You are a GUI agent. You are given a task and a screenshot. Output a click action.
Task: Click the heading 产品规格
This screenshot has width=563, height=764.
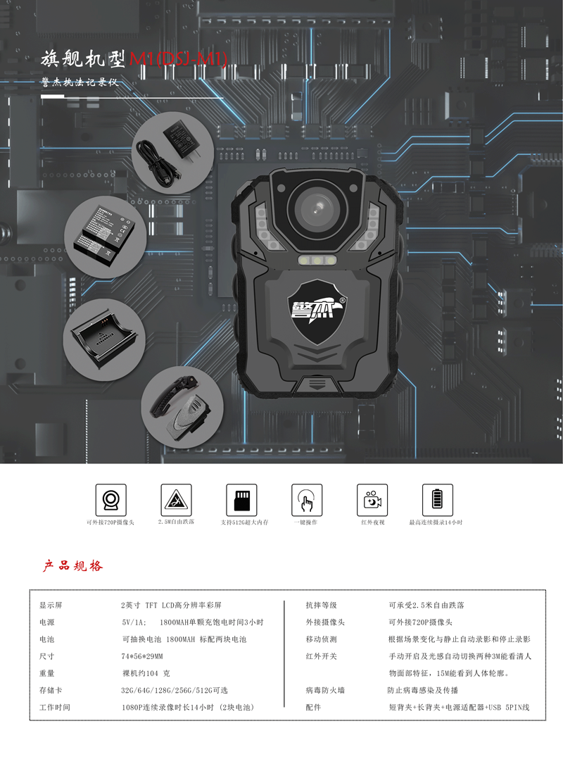(x=72, y=565)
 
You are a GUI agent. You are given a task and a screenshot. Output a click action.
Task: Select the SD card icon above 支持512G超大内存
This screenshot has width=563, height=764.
(x=241, y=499)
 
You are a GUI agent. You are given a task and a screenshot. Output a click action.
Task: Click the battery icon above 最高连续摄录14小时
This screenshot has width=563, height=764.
(x=437, y=499)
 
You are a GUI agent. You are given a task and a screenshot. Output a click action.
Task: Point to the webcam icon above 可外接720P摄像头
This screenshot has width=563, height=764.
(x=110, y=499)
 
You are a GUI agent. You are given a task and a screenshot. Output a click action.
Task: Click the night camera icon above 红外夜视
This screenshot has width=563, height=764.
(x=372, y=499)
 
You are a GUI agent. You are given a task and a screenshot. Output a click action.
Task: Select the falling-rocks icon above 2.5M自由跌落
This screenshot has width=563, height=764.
(x=176, y=499)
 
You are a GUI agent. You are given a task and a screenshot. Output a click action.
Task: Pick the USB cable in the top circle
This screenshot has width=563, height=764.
(x=153, y=163)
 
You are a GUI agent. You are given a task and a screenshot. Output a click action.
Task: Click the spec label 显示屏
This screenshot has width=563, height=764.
(x=51, y=605)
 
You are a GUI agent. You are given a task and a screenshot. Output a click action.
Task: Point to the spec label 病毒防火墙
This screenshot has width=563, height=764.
(x=325, y=690)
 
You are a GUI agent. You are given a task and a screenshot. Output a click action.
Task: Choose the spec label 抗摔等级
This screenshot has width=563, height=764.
(x=321, y=605)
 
